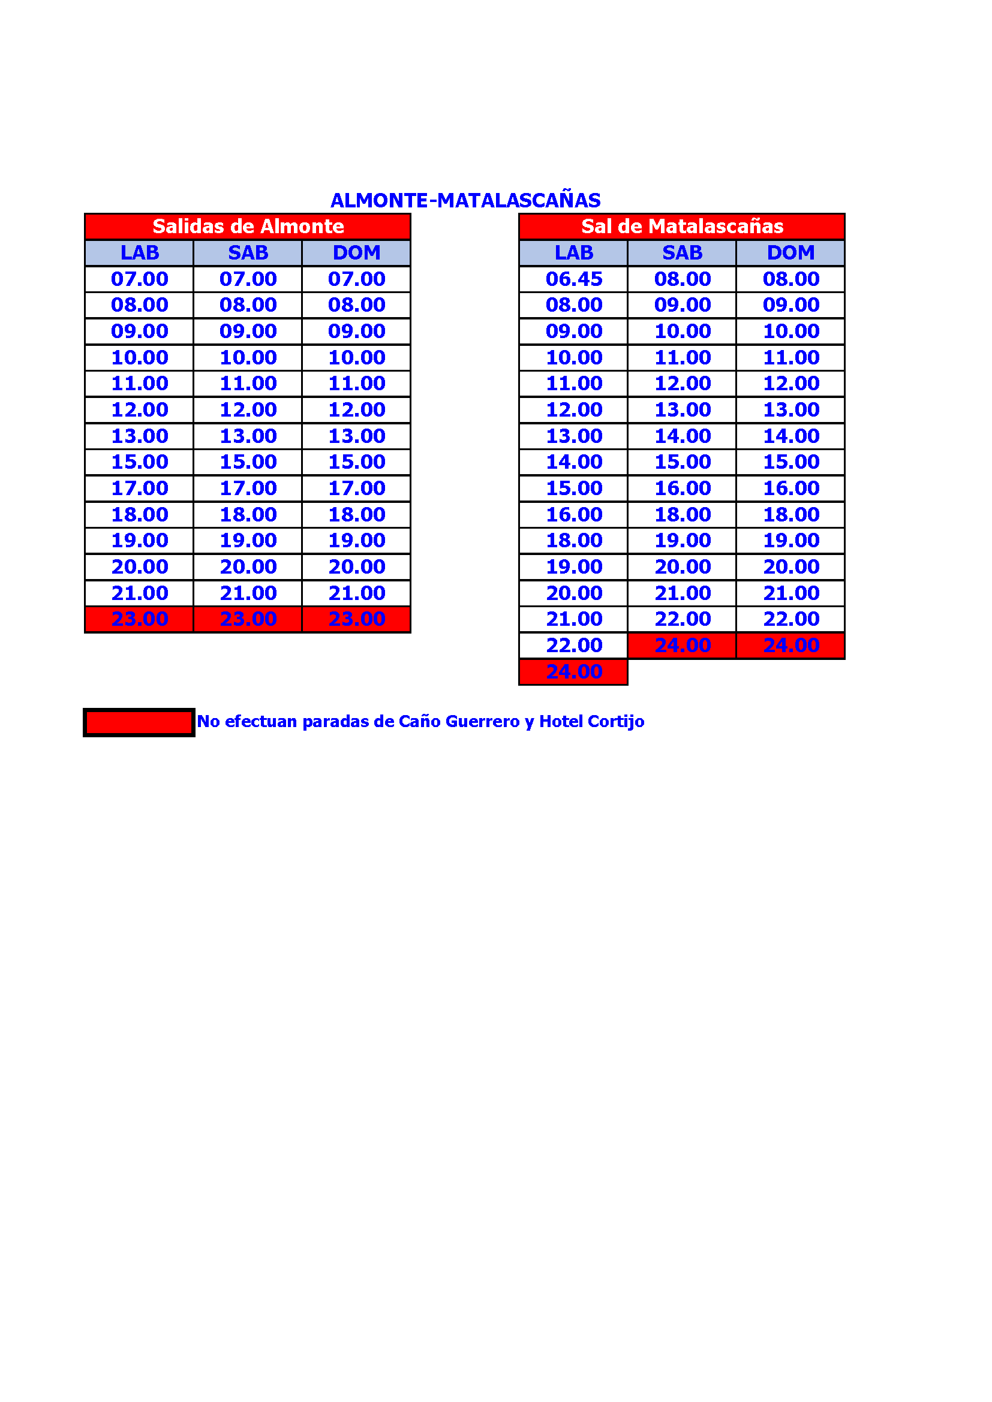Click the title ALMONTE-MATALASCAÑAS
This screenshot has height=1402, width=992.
coord(465,200)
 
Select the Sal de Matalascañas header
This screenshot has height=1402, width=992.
coord(682,227)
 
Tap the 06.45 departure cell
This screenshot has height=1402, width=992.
coord(573,279)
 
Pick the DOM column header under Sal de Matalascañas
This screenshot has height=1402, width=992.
coord(790,253)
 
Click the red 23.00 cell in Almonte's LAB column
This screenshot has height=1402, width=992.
coord(139,619)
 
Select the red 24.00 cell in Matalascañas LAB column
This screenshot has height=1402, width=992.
coord(573,672)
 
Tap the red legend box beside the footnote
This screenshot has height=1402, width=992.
coord(139,722)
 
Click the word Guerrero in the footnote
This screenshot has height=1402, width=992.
coord(482,722)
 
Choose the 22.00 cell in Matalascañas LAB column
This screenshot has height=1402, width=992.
coord(573,646)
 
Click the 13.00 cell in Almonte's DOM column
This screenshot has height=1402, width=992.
coord(356,436)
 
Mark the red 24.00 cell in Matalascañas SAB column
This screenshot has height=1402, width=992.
coord(683,646)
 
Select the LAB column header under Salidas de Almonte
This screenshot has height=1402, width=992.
coord(139,253)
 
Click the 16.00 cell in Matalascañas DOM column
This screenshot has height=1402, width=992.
coord(790,489)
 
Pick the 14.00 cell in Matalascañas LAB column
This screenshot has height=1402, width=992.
coord(573,462)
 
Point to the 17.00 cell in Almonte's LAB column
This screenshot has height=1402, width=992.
coord(139,489)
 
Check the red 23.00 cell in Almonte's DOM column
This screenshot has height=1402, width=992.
coord(356,619)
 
